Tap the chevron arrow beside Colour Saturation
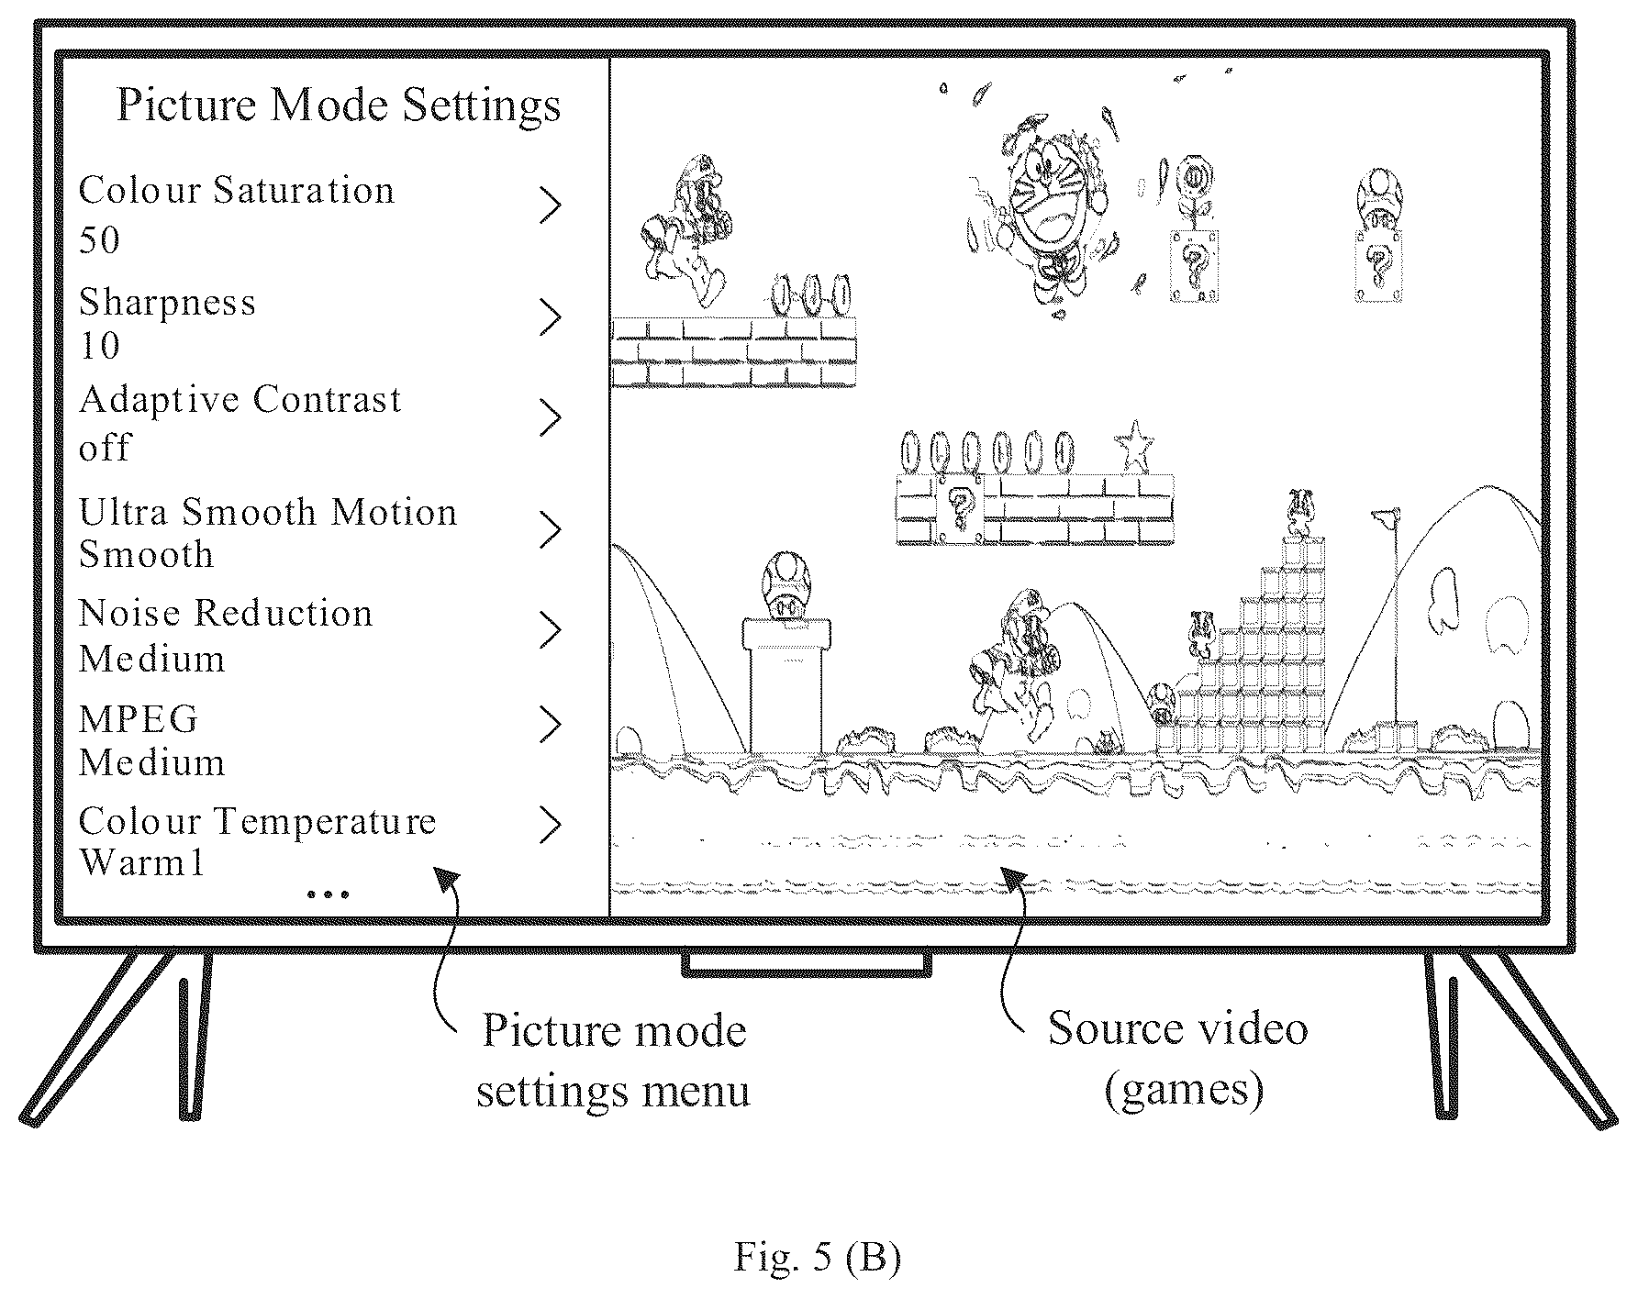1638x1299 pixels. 550,206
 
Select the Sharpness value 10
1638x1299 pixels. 99,347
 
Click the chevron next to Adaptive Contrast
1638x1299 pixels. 550,417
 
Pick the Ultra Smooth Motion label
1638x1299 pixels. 268,512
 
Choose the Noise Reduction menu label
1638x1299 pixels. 226,613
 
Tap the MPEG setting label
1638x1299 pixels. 139,719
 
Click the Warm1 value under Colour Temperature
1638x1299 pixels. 141,863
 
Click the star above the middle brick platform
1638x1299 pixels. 1134,447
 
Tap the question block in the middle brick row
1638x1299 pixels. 959,510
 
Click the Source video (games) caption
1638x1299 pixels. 1178,1058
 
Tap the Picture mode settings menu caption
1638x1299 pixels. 613,1060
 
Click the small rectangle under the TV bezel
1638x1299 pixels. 807,966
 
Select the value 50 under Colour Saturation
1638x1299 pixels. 100,240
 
